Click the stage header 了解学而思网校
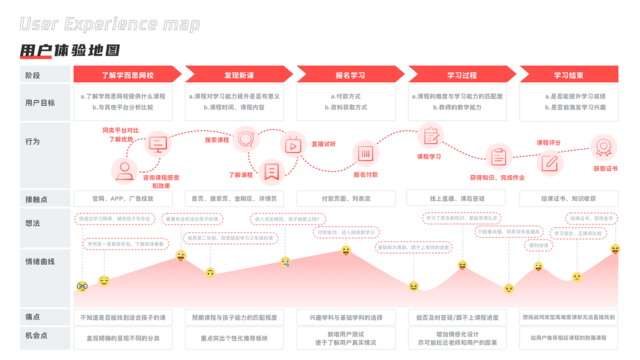pyautogui.click(x=127, y=75)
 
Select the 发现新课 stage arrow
pyautogui.click(x=238, y=75)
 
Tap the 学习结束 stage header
pyautogui.click(x=568, y=75)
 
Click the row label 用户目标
pyautogui.click(x=40, y=103)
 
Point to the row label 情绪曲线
pyautogui.click(x=40, y=261)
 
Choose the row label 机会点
pyautogui.click(x=36, y=335)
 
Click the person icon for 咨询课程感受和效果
pyautogui.click(x=124, y=170)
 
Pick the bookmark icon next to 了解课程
pyautogui.click(x=271, y=171)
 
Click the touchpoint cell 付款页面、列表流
pyautogui.click(x=346, y=198)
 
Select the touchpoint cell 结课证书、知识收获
pyautogui.click(x=568, y=198)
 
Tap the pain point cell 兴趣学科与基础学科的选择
pyautogui.click(x=346, y=317)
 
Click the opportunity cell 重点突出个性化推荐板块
pyautogui.click(x=234, y=338)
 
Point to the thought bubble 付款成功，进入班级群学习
pyautogui.click(x=346, y=232)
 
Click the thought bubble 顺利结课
pyautogui.click(x=539, y=245)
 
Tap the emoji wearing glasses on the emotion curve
pyautogui.click(x=82, y=286)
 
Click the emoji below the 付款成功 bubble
pyautogui.click(x=346, y=250)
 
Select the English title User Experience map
pyautogui.click(x=110, y=24)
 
